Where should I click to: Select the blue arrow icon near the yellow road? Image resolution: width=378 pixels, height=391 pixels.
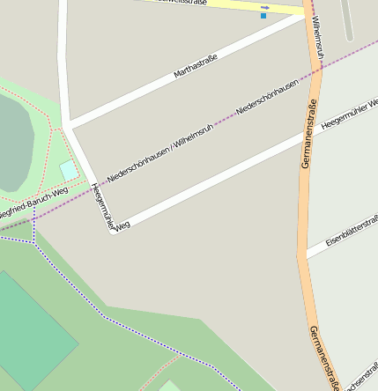tap(264, 7)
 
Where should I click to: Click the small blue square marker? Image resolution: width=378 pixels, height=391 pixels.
tap(263, 16)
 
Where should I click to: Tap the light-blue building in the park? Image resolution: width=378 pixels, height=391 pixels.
tap(68, 169)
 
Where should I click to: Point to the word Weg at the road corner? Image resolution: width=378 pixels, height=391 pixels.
tap(122, 225)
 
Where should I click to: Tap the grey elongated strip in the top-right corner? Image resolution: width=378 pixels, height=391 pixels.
tap(348, 19)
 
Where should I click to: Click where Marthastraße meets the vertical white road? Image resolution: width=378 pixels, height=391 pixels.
tap(67, 124)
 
